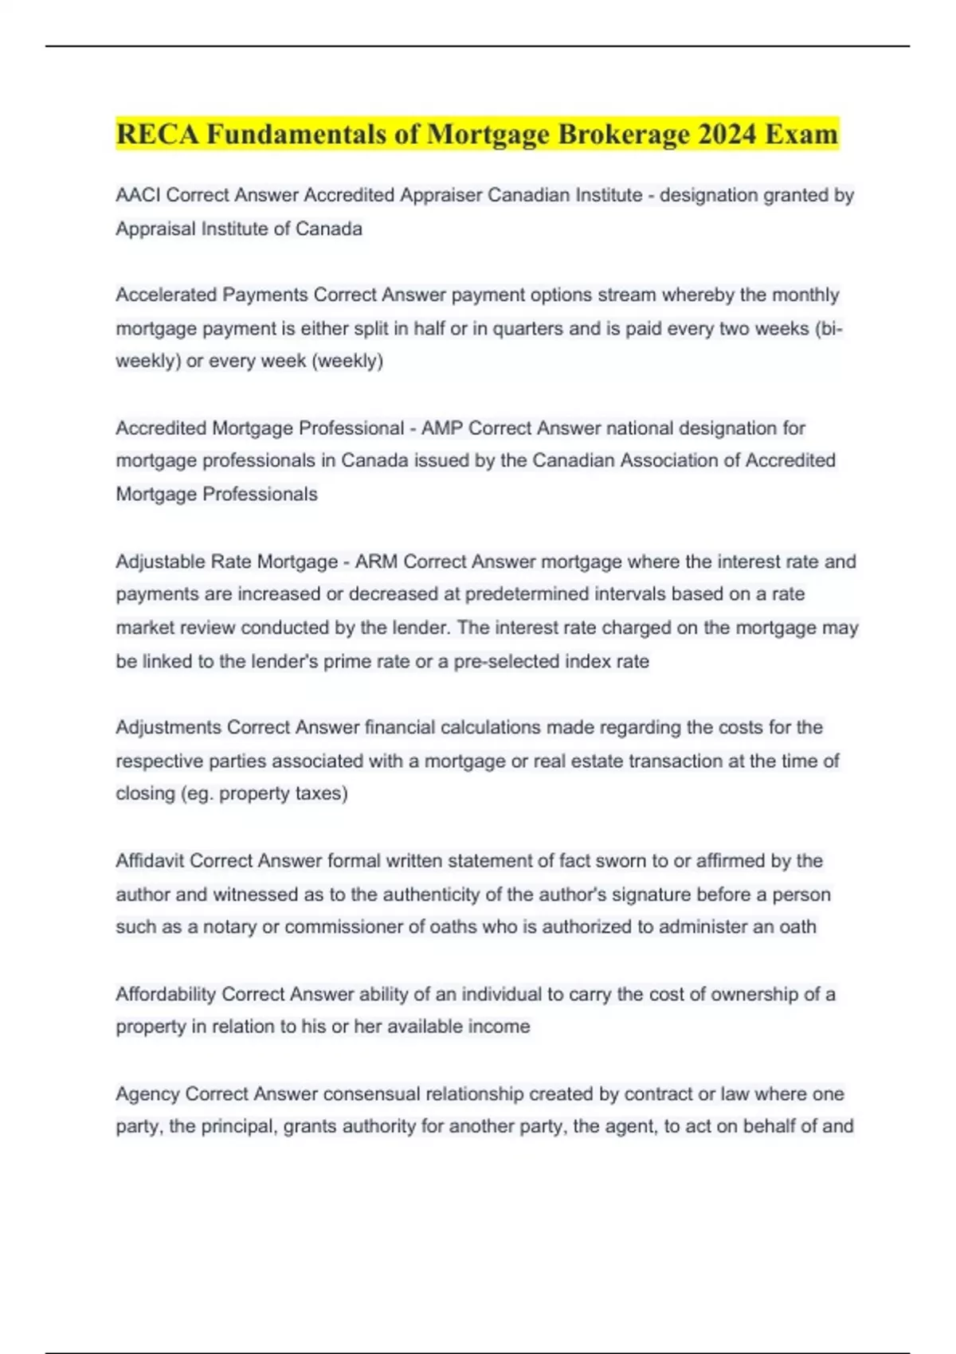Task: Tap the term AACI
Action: (138, 195)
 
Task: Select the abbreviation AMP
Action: (441, 429)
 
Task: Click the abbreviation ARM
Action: (376, 562)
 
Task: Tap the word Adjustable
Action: (160, 562)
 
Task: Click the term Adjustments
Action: (168, 727)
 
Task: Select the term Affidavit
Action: (150, 861)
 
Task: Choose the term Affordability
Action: (166, 994)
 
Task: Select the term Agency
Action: (147, 1094)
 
